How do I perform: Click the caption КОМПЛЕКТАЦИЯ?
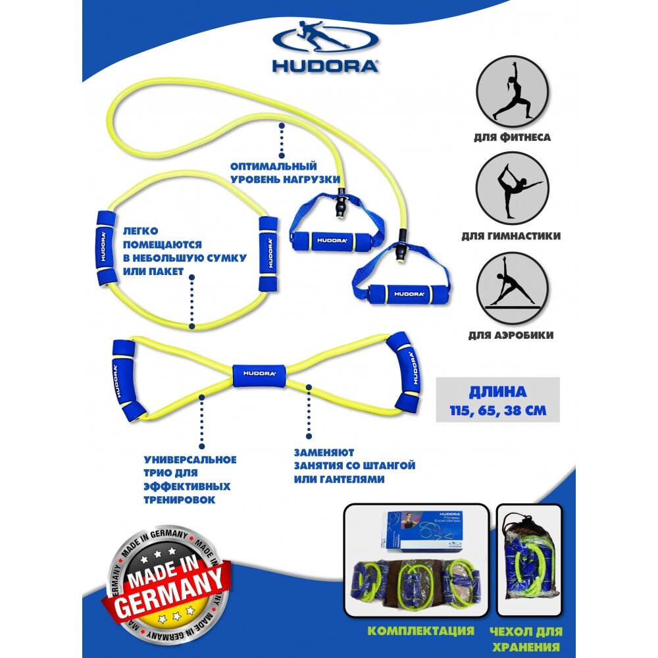[420, 630]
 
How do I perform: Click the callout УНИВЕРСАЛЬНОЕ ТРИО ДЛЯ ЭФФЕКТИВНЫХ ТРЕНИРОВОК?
[189, 479]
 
